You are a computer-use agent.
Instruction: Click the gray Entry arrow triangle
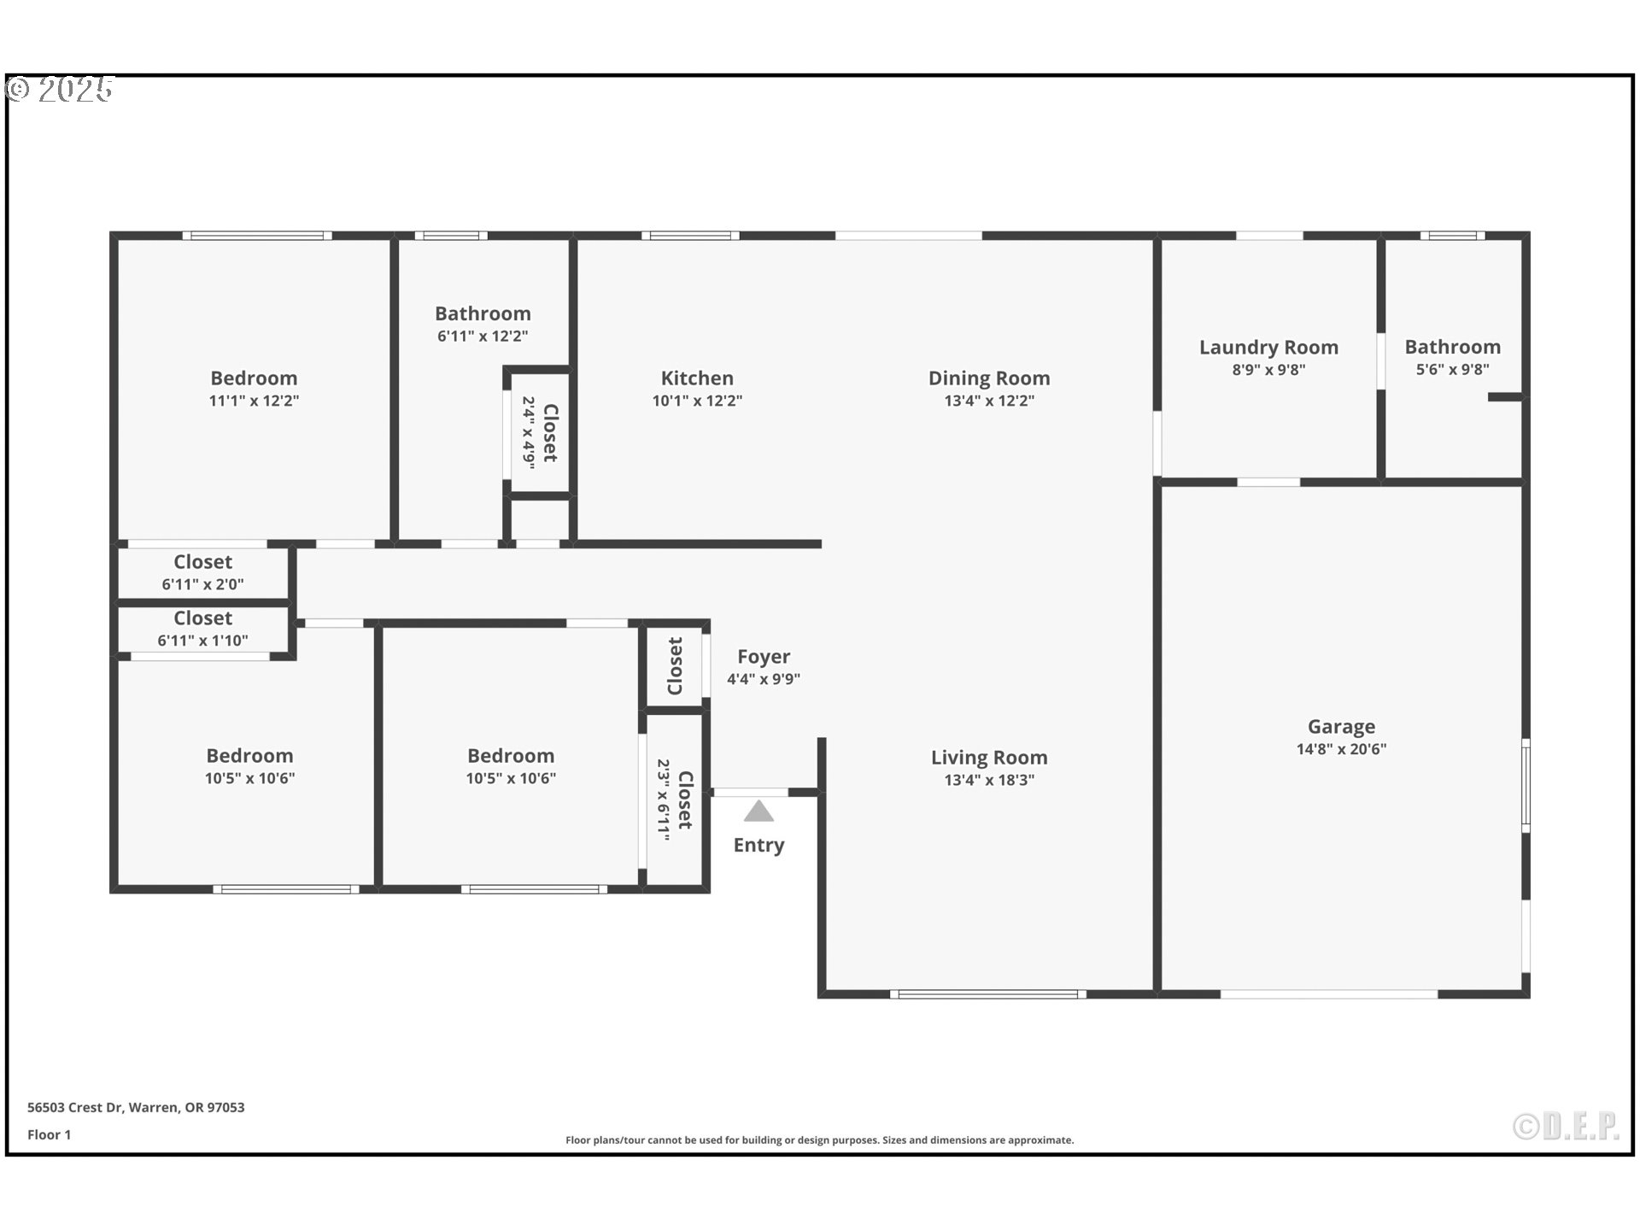click(758, 811)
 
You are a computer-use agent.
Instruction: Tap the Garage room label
click(1341, 727)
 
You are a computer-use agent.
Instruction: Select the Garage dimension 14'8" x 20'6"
click(1341, 749)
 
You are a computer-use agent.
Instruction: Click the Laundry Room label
click(1268, 348)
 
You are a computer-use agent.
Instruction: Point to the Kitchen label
click(697, 378)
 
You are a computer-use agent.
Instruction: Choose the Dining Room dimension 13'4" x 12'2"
click(989, 401)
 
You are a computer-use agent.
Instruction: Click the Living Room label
click(989, 758)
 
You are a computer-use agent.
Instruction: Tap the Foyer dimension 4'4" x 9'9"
click(763, 679)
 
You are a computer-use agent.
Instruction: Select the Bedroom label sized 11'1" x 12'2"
click(254, 378)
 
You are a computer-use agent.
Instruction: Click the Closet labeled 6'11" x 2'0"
click(202, 562)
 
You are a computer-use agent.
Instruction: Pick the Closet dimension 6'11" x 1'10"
click(202, 641)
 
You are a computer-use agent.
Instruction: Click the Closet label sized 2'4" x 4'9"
click(550, 433)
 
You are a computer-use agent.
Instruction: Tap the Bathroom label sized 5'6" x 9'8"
click(1452, 347)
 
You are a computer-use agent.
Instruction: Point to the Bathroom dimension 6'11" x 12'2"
click(483, 337)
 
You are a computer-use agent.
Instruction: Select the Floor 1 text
click(49, 1134)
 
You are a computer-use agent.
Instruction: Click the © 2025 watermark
click(60, 90)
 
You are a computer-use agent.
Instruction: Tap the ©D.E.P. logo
click(1566, 1127)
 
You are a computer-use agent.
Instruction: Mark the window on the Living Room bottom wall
click(988, 994)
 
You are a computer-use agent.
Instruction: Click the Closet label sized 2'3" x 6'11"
click(684, 800)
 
